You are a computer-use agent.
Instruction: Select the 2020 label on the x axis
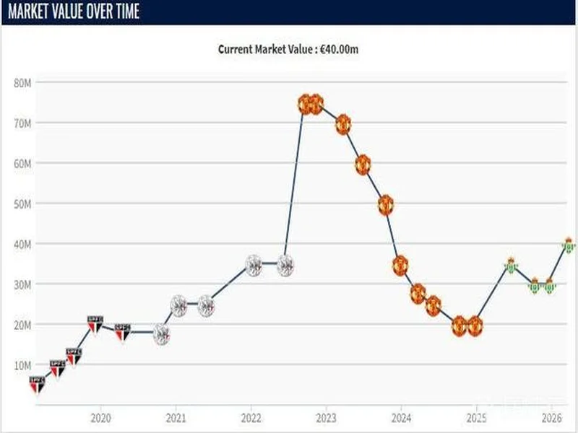101,418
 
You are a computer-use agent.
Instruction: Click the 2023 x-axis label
326,418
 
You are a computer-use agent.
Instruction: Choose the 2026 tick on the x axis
551,418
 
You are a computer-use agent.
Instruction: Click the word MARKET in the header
33,12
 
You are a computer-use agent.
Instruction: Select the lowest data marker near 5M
37,384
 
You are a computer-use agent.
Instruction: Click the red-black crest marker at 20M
95,324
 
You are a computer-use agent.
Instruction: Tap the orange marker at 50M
386,204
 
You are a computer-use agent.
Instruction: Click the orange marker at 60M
363,165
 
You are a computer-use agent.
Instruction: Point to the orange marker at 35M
400,265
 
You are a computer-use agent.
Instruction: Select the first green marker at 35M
511,265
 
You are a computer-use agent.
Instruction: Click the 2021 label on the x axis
176,418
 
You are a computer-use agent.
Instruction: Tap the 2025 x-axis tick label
476,418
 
